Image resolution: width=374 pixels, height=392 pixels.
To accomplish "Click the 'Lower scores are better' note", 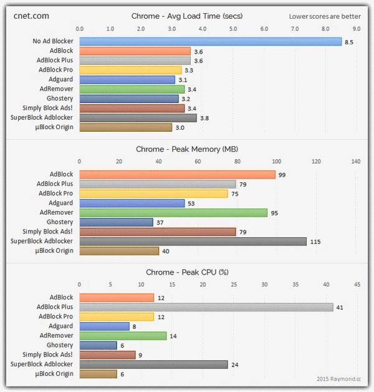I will tap(325, 16).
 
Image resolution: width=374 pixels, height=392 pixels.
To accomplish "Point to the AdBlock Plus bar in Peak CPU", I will tap(206, 307).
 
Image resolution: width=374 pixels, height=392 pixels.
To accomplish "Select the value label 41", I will tap(340, 307).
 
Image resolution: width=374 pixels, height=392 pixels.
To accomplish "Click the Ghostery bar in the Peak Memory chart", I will tap(116, 222).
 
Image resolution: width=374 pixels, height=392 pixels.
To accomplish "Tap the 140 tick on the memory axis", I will tap(356, 161).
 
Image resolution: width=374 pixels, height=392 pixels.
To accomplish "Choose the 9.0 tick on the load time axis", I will tap(356, 29).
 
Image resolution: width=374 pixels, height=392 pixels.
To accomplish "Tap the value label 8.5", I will tap(349, 42).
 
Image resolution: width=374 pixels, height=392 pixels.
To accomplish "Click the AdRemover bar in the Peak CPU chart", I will tap(123, 336).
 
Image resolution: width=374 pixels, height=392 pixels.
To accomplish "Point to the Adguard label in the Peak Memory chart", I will tap(60, 203).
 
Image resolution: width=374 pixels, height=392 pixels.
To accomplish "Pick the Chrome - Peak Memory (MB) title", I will tap(186, 149).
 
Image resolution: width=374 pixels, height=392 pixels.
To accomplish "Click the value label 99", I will tap(282, 175).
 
